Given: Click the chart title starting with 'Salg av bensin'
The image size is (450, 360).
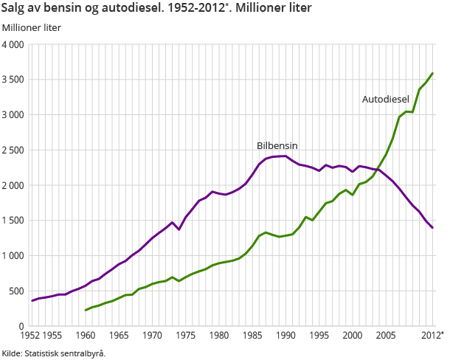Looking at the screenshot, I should (x=156, y=9).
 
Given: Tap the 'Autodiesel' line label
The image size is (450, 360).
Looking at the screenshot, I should (x=385, y=99).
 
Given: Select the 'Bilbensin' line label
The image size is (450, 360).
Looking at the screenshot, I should (x=277, y=146).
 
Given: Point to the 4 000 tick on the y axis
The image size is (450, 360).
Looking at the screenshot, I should (x=13, y=45).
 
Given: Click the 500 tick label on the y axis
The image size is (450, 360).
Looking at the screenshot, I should (x=16, y=291).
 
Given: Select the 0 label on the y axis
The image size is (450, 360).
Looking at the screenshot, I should (x=22, y=326).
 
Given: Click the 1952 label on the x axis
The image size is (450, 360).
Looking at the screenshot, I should (x=31, y=336).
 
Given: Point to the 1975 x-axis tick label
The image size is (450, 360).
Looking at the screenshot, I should (x=186, y=336).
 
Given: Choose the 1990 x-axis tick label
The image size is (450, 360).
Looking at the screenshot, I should (x=286, y=336).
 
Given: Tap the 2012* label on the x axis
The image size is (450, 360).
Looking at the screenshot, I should (x=432, y=336).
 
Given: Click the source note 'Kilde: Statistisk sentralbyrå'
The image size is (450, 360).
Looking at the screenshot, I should (x=54, y=353).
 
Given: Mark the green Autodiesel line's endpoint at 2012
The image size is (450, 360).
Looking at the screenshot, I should (x=433, y=73).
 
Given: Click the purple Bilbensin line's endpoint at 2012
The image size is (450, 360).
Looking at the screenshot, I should (x=433, y=228).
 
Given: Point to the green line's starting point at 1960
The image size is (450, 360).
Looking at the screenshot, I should (x=86, y=310).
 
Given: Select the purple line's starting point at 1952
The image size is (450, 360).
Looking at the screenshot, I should (x=32, y=301).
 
